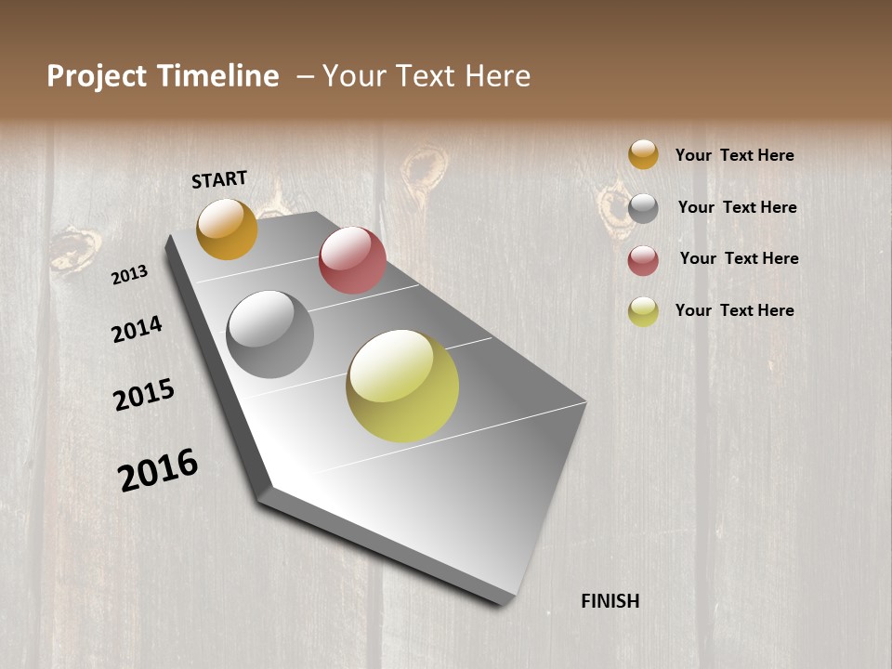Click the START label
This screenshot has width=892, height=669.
[219, 179]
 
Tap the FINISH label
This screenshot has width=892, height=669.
[610, 601]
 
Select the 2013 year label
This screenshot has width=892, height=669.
[130, 274]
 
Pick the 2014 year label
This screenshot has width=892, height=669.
[137, 329]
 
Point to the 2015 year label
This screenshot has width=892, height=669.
[144, 395]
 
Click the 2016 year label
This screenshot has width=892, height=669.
[158, 469]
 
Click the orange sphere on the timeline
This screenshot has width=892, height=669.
[227, 229]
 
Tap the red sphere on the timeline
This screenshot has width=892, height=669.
[352, 260]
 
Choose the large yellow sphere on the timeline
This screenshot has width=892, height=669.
[402, 386]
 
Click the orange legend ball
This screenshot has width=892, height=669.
[643, 154]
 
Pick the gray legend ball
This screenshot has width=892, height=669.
[643, 208]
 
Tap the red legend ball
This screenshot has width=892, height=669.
[643, 260]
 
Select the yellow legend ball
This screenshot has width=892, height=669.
[643, 311]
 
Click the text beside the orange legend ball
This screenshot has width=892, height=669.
[734, 155]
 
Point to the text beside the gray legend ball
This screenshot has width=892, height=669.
[737, 207]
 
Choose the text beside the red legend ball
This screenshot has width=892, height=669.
[739, 258]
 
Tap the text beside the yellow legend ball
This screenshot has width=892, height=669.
[734, 310]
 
